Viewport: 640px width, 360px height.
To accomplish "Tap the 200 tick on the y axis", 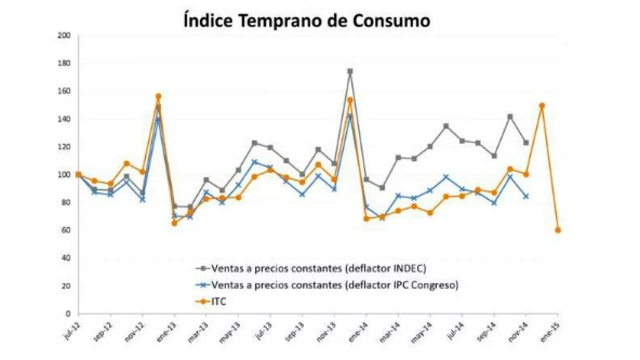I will [64, 36].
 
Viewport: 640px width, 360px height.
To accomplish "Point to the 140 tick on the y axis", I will [64, 119].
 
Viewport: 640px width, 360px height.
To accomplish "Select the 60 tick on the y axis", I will [65, 230].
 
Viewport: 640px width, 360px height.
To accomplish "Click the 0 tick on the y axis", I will [68, 314].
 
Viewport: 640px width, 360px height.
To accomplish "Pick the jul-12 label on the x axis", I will [72, 331].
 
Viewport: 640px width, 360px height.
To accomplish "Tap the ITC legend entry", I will [218, 301].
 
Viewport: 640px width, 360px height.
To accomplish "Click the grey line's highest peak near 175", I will [350, 72].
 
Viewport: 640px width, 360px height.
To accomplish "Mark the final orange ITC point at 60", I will [558, 230].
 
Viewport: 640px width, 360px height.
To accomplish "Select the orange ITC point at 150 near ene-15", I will [542, 106].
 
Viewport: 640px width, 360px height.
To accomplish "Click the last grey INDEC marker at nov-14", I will [526, 142].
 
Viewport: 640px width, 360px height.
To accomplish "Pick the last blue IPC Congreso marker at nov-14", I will [526, 196].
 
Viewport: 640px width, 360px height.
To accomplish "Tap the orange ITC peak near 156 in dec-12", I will [158, 96].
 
